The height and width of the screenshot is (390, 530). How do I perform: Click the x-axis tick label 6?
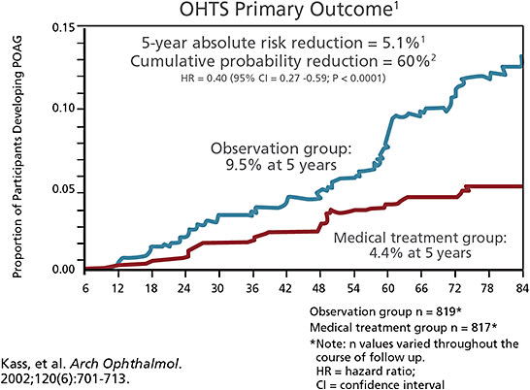point(86,287)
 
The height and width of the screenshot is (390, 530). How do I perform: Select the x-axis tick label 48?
point(320,287)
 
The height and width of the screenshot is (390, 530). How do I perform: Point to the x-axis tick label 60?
point(387,287)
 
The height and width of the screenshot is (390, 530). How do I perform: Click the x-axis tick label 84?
point(521,287)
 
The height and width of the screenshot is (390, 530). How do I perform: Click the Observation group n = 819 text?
point(382,312)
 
